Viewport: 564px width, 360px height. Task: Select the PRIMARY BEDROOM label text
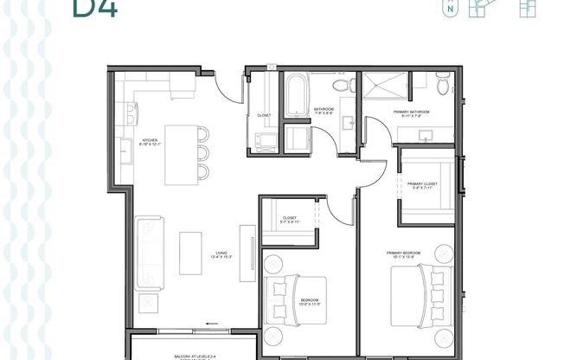(405, 254)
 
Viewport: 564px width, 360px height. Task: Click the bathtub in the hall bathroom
(295, 95)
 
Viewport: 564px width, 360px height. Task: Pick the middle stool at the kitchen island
(202, 153)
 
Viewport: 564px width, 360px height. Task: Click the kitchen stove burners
(131, 112)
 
